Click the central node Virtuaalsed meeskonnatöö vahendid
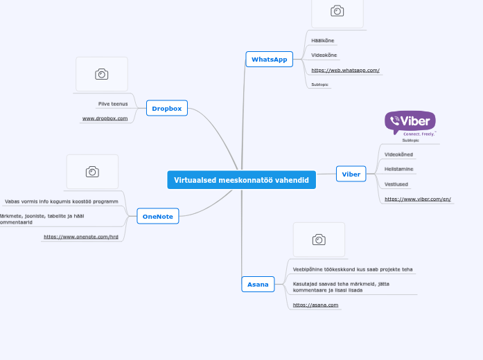coord(241,180)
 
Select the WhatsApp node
coord(269,60)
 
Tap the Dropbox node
coord(166,108)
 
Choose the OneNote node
coord(157,217)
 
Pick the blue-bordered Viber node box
coord(351,174)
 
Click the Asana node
coord(258,284)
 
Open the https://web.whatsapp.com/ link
coord(345,70)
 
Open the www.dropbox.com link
coord(105,118)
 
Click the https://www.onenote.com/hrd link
coord(80,237)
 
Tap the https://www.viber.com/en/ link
coord(417,199)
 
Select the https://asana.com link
coord(315,305)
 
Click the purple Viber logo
coord(410,123)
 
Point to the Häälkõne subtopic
coord(322,40)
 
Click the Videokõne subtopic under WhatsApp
coord(324,55)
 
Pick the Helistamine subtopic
coord(399,169)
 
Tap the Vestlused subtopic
coord(396,184)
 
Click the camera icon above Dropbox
coord(101,74)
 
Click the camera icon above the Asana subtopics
coord(319,240)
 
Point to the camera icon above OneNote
coord(92,171)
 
